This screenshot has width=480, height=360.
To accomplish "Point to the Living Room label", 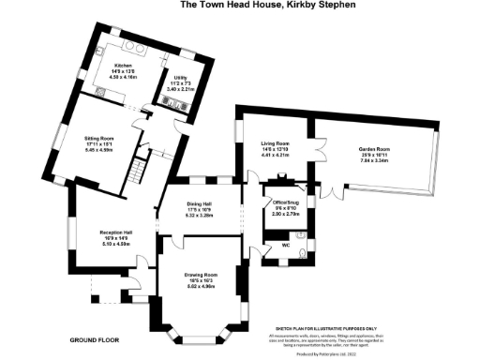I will click(x=275, y=143).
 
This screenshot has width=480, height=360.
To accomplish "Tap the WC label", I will click(x=284, y=246).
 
